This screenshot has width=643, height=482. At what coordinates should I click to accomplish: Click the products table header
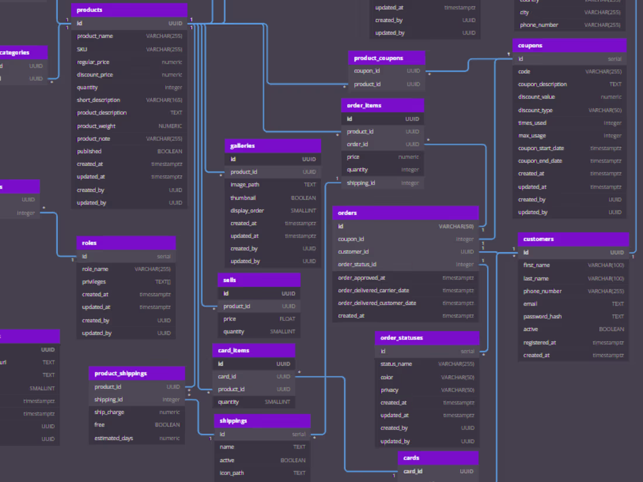coord(129,10)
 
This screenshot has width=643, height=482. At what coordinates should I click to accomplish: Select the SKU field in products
coord(129,49)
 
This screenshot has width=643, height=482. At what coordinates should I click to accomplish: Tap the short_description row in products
coord(129,100)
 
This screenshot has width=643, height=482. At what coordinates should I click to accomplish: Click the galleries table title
coord(272,145)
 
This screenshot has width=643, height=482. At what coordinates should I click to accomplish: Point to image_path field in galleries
coord(272,185)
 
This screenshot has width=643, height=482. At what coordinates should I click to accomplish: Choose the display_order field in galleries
coord(272,210)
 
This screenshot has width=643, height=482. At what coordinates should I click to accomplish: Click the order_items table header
coord(382,105)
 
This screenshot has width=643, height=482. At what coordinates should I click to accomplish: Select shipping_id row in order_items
coord(382,183)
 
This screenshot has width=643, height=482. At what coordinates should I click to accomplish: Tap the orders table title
coord(405,213)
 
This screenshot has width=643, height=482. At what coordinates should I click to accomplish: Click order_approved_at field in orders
coord(405,278)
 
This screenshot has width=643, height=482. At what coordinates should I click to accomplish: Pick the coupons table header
coord(569,46)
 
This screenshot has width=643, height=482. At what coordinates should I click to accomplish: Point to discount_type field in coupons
coord(569,110)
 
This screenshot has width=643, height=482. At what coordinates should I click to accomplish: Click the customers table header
coord(573,239)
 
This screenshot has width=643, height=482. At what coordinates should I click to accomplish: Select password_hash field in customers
coord(573,316)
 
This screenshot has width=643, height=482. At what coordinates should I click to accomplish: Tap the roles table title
coord(126,242)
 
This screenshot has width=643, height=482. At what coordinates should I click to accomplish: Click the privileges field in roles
coord(126,282)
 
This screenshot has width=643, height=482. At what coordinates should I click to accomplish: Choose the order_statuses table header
coord(427,338)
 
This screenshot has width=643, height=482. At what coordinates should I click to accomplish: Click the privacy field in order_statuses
coord(427,390)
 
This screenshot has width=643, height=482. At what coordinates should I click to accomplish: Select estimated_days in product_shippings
coord(137,438)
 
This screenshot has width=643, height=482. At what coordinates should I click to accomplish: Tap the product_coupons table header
coord(386,58)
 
